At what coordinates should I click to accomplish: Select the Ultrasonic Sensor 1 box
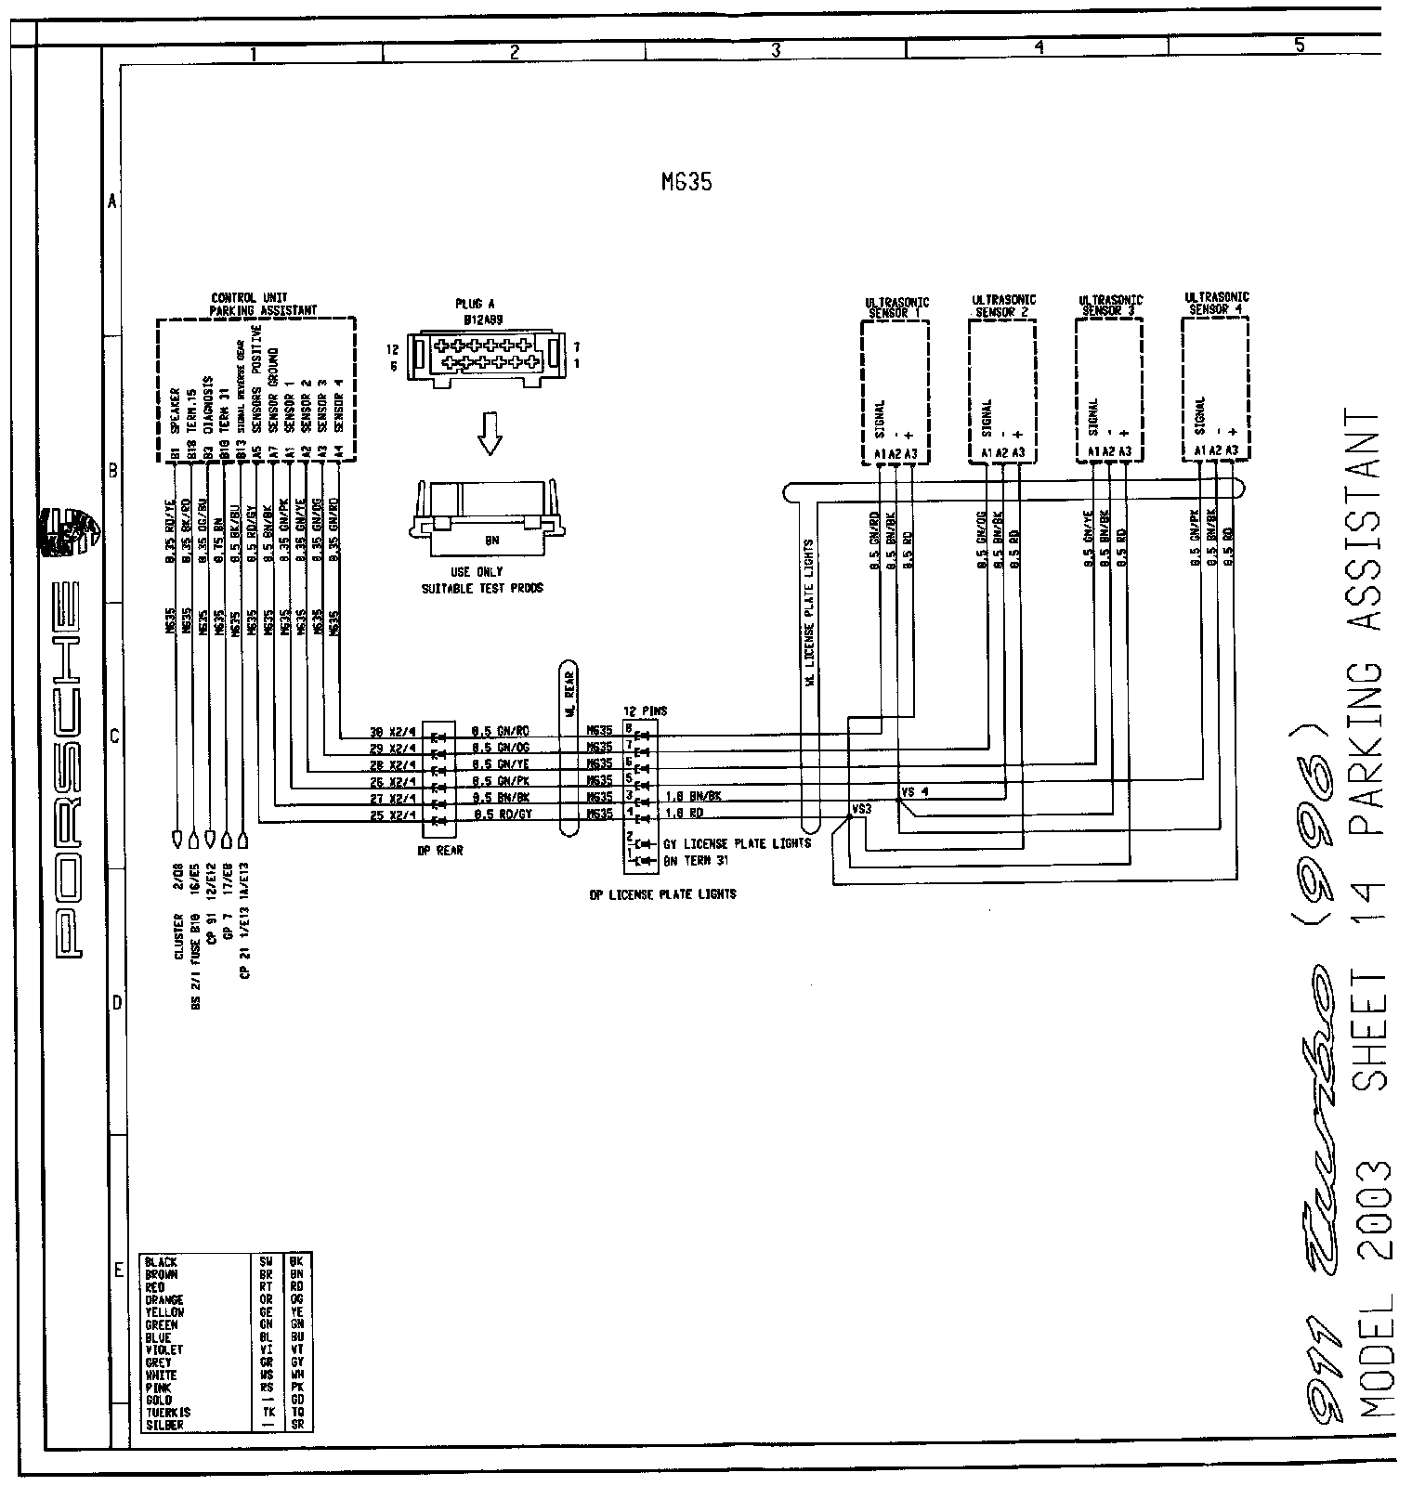[x=896, y=390]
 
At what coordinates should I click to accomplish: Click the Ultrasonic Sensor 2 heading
[x=1003, y=306]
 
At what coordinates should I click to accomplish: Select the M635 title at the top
[x=686, y=183]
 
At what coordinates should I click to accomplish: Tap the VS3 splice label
[x=861, y=809]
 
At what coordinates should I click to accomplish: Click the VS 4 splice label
[x=914, y=792]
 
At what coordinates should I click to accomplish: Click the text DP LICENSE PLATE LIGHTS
[x=662, y=894]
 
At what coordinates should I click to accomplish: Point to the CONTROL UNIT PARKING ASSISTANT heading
[x=263, y=305]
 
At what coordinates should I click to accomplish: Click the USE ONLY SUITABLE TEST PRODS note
[x=482, y=580]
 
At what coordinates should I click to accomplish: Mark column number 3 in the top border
[x=775, y=53]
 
